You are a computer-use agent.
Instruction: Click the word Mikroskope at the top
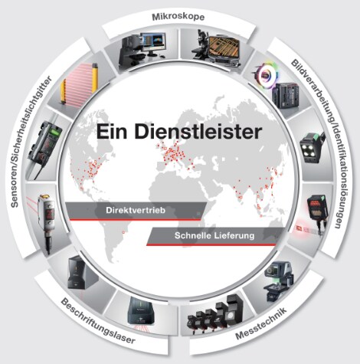click(x=178, y=17)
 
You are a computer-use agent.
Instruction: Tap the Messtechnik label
click(x=261, y=323)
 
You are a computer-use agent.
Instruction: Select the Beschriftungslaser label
click(x=98, y=321)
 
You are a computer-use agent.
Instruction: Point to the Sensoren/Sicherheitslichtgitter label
click(x=31, y=141)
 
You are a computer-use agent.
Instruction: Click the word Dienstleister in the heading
click(x=198, y=132)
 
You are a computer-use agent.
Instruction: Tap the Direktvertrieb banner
click(x=136, y=211)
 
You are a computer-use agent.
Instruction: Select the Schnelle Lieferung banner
click(x=214, y=235)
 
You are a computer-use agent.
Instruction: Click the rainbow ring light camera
click(x=267, y=74)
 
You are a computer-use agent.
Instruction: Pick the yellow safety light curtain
click(x=79, y=84)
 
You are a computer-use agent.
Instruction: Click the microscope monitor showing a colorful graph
click(x=154, y=42)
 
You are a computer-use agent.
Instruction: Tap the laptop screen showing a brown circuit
click(x=224, y=48)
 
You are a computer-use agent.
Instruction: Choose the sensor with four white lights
click(x=310, y=147)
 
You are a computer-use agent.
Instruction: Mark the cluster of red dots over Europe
click(x=175, y=152)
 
